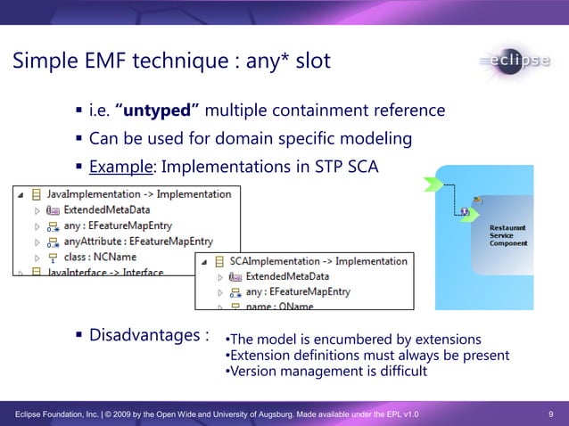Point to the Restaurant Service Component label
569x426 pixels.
[x=507, y=235]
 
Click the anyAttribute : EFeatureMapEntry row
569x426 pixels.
[x=138, y=242]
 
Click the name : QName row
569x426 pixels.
[x=276, y=306]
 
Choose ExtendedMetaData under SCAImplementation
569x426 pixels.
[x=290, y=277]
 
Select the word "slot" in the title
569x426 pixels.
[x=313, y=61]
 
